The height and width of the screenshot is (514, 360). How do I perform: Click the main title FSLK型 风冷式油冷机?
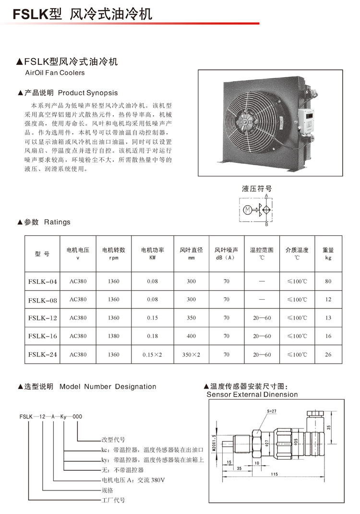click(82, 14)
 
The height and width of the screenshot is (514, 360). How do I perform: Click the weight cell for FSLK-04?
click(328, 281)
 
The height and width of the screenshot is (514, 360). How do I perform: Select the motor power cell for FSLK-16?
click(152, 336)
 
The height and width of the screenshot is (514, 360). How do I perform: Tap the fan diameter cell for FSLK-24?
click(192, 355)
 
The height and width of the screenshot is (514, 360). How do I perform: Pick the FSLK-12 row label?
click(43, 318)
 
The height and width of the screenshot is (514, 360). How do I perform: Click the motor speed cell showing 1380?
click(114, 336)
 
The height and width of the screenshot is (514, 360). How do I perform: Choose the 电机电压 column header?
click(78, 254)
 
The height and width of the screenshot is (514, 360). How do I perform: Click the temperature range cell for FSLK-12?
click(262, 318)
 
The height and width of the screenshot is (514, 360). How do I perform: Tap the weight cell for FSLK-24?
click(328, 355)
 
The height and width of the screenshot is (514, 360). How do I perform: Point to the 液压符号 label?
click(256, 189)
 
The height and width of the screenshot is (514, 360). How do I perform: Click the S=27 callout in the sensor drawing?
click(272, 411)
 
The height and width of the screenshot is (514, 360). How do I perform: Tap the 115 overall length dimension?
click(274, 475)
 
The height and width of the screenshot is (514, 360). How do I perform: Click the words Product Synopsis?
click(94, 92)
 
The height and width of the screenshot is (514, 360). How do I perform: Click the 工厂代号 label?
click(113, 500)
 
